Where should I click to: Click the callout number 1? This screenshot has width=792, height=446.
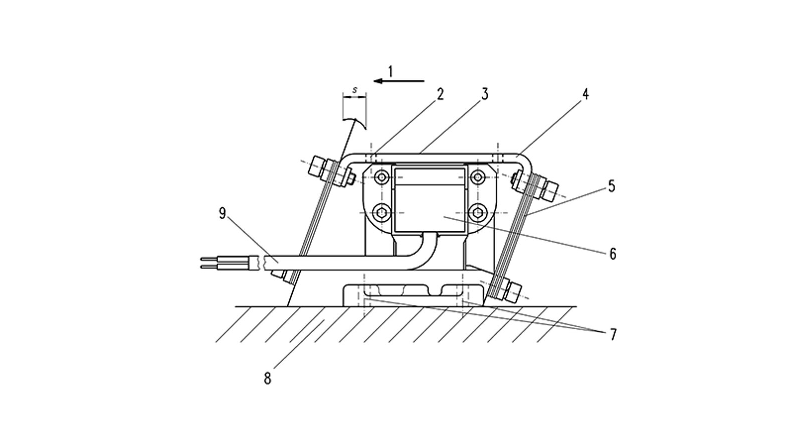coord(390,72)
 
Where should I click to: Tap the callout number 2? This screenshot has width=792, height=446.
coord(440,94)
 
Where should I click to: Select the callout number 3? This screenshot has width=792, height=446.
coord(485,94)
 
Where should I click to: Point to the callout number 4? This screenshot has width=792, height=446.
coord(585,94)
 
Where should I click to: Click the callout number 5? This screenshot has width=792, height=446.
coord(612,186)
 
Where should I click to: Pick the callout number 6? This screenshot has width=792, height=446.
coord(613,254)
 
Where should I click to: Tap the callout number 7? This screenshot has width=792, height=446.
coord(613,334)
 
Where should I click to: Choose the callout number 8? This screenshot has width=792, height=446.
coord(268,379)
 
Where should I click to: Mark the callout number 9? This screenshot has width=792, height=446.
coord(222,213)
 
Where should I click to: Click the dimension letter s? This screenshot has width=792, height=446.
coord(354,90)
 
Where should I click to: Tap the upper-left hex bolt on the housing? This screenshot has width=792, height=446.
coord(382,177)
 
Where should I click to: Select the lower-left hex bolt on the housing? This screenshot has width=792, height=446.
coord(382,212)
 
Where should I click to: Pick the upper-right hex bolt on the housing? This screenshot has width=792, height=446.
coord(478,177)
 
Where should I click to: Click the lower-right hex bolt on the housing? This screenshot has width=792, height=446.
coord(478,212)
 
